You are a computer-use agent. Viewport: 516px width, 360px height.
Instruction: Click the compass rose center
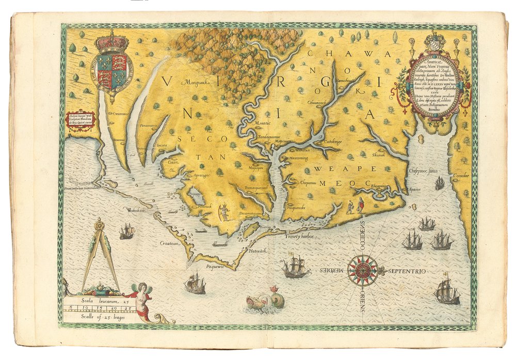point(362,271)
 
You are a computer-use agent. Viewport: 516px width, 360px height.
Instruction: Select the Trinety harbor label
point(300,236)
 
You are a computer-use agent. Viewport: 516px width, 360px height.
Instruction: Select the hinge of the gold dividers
point(99,225)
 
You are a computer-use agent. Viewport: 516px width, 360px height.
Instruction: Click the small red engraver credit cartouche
point(81,120)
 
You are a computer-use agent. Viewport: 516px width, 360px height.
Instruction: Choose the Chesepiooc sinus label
point(421,169)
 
